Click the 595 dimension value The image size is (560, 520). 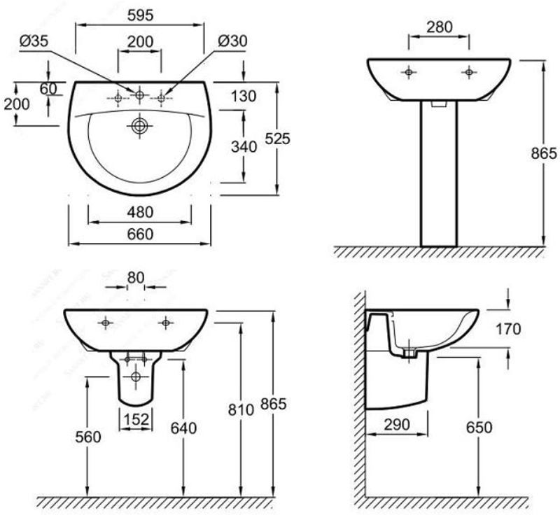pyautogui.click(x=140, y=15)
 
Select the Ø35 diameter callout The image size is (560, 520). pyautogui.click(x=34, y=42)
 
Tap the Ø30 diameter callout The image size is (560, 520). pyautogui.click(x=232, y=42)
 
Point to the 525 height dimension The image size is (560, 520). pyautogui.click(x=277, y=139)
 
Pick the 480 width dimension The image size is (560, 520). pyautogui.click(x=140, y=212)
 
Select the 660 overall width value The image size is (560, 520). pyautogui.click(x=140, y=234)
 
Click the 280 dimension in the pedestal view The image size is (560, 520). pyautogui.click(x=439, y=27)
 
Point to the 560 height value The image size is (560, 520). pyautogui.click(x=88, y=437)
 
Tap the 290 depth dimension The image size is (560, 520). pyautogui.click(x=395, y=425)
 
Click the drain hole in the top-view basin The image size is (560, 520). pyautogui.click(x=140, y=126)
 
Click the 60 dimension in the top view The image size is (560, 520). pyautogui.click(x=48, y=88)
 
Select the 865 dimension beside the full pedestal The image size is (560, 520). pyautogui.click(x=544, y=153)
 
